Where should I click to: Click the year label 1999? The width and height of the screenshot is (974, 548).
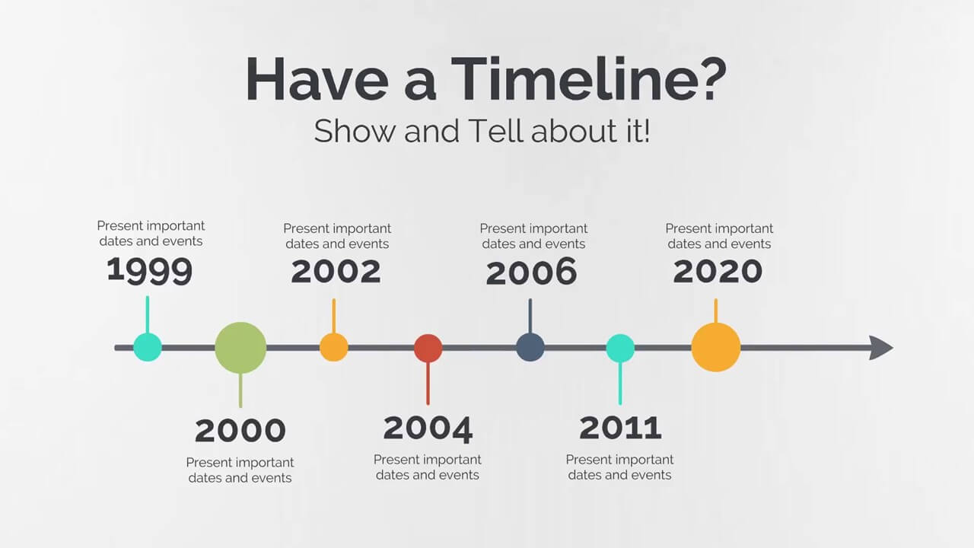(x=150, y=270)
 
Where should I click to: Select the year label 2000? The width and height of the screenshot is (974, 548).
(x=240, y=431)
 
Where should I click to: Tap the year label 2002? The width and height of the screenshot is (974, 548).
(x=336, y=272)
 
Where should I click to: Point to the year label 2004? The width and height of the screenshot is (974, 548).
(x=428, y=429)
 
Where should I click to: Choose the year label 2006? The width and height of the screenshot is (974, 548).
(x=531, y=272)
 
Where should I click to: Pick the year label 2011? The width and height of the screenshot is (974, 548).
(x=620, y=428)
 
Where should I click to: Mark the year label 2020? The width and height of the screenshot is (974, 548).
(x=718, y=272)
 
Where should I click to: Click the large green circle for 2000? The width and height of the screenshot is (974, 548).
(x=240, y=348)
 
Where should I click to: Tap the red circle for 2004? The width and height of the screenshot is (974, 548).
(x=428, y=348)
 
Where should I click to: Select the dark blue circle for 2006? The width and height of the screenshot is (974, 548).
(x=530, y=347)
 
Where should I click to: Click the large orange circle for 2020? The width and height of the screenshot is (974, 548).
(x=716, y=347)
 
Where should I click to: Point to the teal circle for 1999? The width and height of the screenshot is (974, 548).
(x=148, y=347)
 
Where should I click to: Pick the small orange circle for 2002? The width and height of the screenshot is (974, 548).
(x=334, y=347)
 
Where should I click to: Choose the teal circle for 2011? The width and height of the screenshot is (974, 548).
(x=620, y=348)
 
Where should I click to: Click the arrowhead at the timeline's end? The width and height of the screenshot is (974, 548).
(x=881, y=348)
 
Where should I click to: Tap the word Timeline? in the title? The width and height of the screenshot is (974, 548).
(x=589, y=79)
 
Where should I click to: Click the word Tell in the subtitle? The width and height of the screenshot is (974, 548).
(x=495, y=130)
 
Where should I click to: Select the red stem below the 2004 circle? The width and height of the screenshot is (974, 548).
(x=428, y=384)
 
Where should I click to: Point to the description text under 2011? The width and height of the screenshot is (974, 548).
(x=619, y=467)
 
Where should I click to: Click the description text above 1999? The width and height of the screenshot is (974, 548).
(x=151, y=234)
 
